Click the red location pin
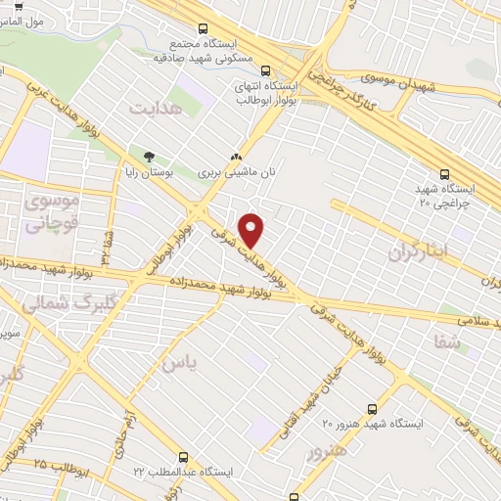tap(251, 230)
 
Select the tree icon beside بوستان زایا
tap(149, 156)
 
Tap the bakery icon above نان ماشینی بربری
tap(235, 156)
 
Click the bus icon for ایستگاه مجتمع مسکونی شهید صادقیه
tap(203, 29)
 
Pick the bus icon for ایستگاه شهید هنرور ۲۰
tap(372, 409)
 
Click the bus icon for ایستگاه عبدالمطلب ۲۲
tap(183, 456)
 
